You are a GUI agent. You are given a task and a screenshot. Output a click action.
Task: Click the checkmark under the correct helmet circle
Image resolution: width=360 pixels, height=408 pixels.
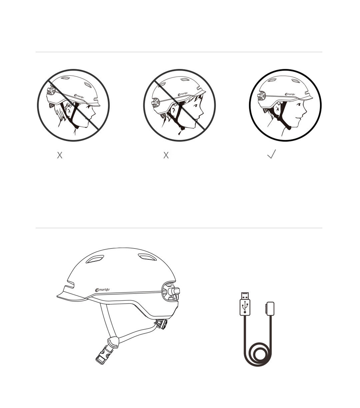click(271, 154)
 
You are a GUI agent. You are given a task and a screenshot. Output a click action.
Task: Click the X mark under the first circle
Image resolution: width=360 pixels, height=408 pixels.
click(60, 155)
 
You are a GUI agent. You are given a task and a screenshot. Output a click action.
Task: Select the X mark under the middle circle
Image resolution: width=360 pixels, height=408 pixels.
click(166, 155)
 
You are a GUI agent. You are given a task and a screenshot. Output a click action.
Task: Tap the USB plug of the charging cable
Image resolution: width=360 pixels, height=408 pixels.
click(245, 304)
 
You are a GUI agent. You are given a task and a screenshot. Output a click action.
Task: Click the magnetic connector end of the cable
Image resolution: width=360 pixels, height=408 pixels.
click(270, 309)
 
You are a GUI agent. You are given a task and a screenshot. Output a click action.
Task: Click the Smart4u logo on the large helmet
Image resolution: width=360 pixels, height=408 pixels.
click(103, 290)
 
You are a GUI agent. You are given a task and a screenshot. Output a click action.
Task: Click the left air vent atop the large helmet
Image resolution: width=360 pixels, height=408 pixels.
click(95, 259)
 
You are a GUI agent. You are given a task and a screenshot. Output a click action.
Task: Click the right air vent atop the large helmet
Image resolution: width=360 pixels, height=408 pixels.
click(147, 257)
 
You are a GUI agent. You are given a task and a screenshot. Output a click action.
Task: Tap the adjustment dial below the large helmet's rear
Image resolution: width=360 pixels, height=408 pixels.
click(162, 324)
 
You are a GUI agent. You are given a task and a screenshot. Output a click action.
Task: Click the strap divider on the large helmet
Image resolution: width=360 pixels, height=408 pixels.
click(113, 340)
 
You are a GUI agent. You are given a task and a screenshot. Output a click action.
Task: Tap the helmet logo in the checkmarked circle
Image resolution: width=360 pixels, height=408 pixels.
click(290, 94)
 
